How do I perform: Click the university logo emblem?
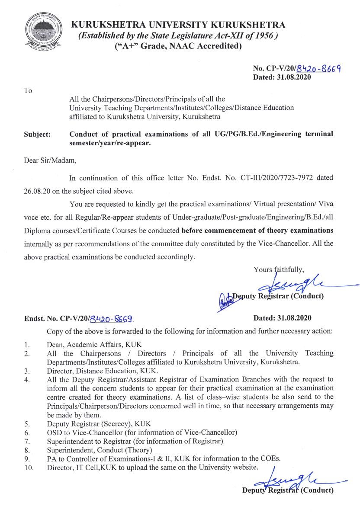tap(41, 33)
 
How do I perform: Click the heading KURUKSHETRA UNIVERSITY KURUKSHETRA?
tap(178, 25)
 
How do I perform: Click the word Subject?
tap(37, 135)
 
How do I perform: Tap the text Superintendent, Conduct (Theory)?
tap(100, 450)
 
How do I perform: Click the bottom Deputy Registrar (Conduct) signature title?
tap(288, 490)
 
